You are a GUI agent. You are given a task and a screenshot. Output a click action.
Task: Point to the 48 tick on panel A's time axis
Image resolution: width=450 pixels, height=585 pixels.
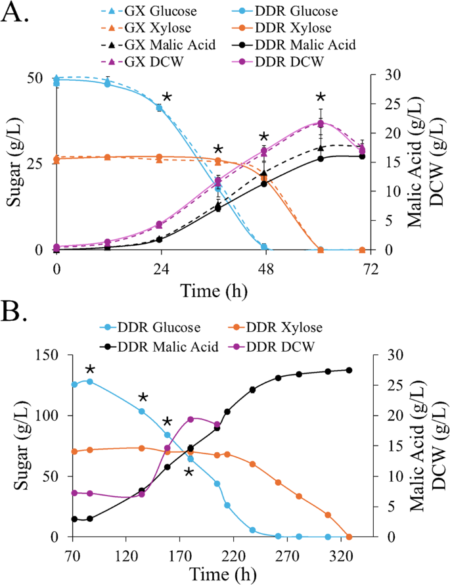pyautogui.click(x=265, y=268)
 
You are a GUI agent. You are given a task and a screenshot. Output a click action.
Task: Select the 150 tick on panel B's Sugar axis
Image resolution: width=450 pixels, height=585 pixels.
pyautogui.click(x=37, y=355)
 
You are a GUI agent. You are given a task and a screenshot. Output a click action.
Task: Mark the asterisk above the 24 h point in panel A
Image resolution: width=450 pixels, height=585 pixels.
pyautogui.click(x=167, y=97)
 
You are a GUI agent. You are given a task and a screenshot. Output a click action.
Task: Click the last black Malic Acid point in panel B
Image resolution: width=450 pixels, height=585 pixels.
pyautogui.click(x=349, y=370)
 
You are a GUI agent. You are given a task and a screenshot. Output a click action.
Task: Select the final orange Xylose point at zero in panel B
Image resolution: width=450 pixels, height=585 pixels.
pyautogui.click(x=349, y=536)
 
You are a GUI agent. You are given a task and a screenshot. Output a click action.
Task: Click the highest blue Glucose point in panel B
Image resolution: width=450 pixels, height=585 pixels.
pyautogui.click(x=90, y=381)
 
